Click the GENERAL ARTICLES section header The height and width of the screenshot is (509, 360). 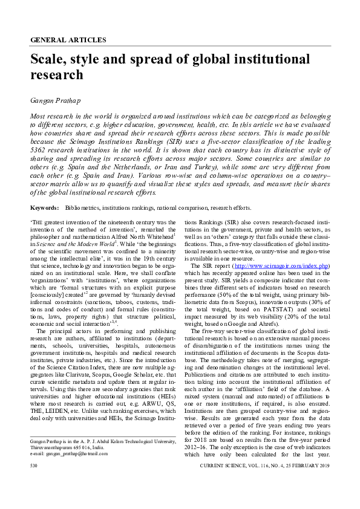[68, 40]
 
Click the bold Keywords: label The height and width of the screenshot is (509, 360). [45, 207]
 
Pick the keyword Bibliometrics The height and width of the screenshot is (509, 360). [82, 207]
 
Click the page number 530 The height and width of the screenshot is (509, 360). [34, 467]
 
